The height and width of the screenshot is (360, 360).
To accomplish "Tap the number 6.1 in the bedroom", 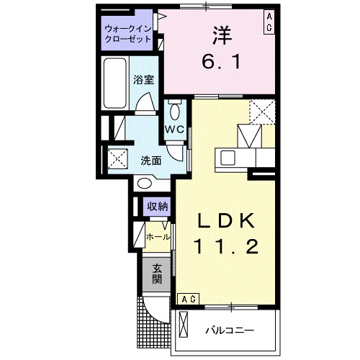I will [x=220, y=62].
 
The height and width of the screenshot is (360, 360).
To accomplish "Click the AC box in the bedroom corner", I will [x=269, y=21].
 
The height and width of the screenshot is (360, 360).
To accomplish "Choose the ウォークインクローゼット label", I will [x=127, y=32].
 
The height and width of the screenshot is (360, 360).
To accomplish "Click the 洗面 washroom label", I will [x=150, y=161].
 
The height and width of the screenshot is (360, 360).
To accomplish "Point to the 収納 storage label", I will [x=158, y=207].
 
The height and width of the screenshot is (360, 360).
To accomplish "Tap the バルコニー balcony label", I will [x=228, y=330].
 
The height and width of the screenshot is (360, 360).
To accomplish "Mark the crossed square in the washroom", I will [x=117, y=158].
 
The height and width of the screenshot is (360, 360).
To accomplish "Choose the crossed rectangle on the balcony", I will [x=184, y=325].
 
